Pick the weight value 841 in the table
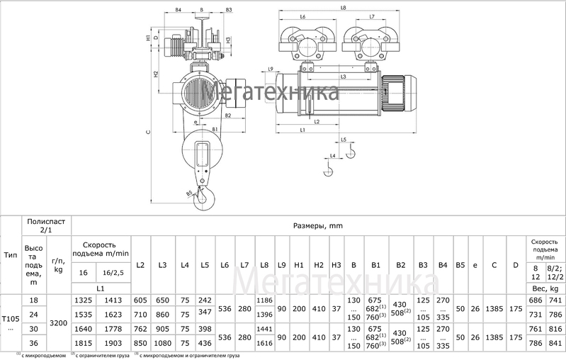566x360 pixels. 555,342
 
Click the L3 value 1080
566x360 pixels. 162,342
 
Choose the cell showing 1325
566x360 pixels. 84,300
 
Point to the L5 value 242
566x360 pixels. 205,300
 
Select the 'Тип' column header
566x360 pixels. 11,254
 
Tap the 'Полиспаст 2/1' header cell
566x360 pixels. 47,225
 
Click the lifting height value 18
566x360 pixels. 33,300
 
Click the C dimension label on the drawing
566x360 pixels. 147,132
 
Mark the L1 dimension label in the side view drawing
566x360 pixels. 302,130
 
